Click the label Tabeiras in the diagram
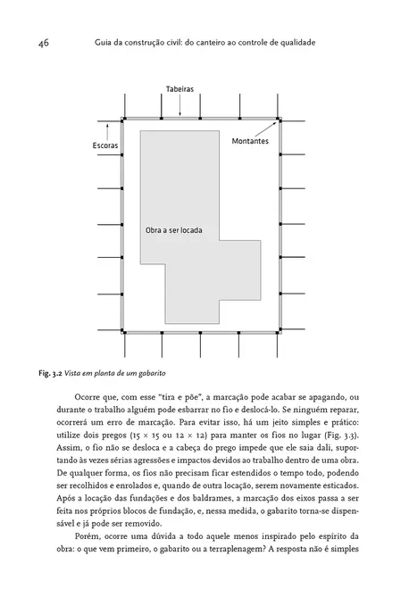[179, 90]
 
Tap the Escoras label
[105, 145]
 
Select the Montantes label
[251, 141]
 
